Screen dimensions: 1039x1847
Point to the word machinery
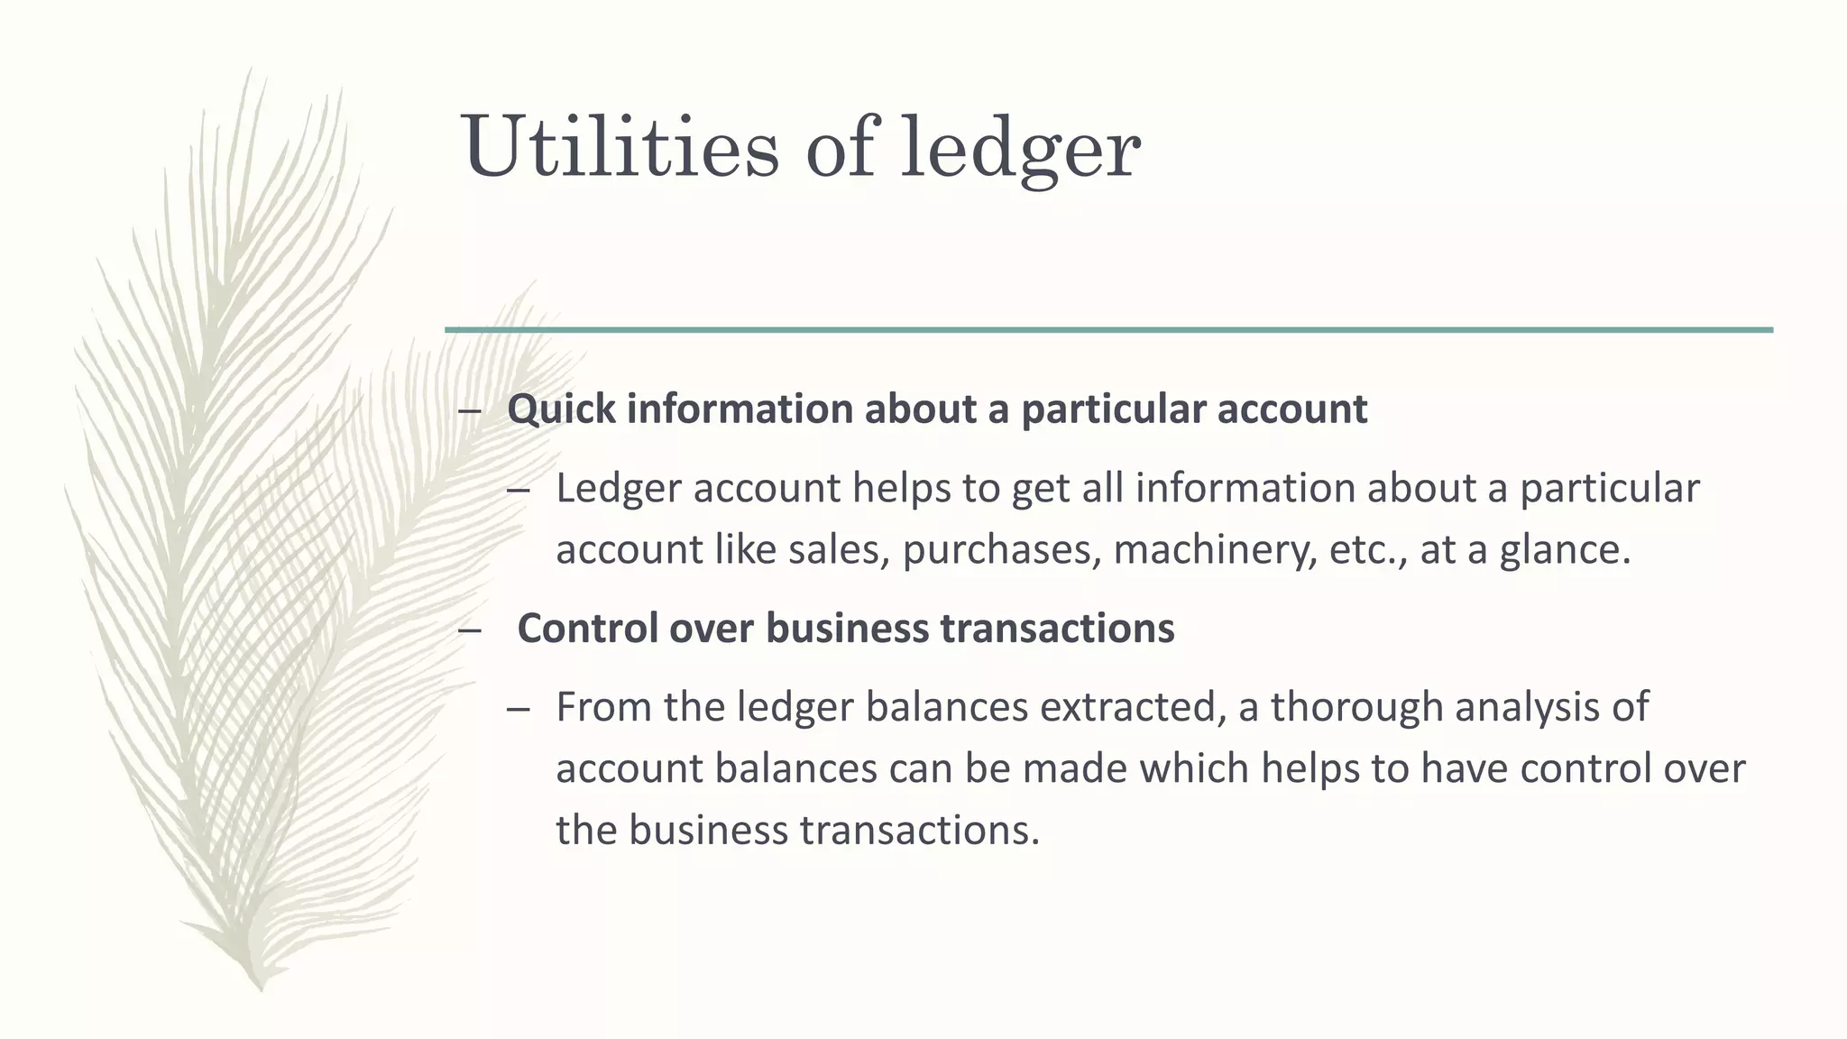coord(1214,550)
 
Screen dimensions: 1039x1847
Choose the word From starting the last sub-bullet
coord(603,707)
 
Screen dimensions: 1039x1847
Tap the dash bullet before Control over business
coord(469,630)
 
